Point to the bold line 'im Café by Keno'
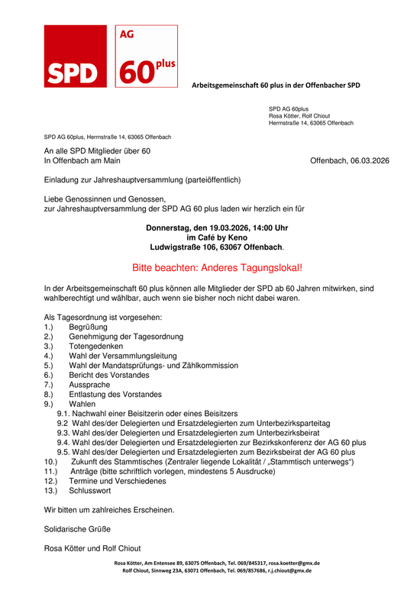tap(217, 237)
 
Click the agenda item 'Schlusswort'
tap(90, 492)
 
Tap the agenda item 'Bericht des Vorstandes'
tap(108, 375)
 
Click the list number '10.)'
tap(51, 463)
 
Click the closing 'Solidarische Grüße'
tap(77, 529)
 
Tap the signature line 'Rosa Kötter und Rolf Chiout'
tap(92, 548)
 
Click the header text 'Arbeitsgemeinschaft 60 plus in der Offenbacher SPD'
tap(276, 85)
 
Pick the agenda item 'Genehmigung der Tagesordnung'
tap(125, 336)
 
